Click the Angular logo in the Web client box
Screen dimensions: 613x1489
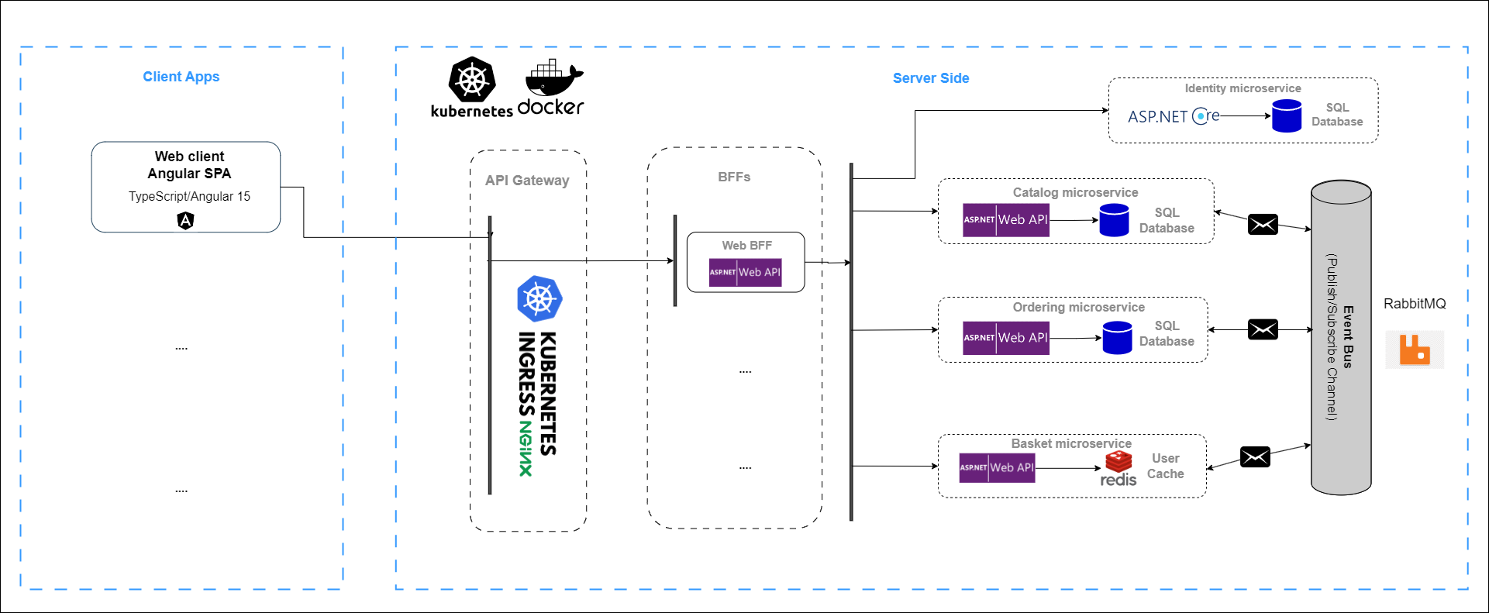coord(186,221)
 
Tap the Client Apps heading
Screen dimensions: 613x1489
coord(181,77)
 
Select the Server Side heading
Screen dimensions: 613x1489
coord(931,78)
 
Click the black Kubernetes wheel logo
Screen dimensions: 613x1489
coord(471,79)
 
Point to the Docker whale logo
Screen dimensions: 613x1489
coord(553,78)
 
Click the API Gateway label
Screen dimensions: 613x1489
coord(527,181)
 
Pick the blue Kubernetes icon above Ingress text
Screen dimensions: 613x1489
coord(539,298)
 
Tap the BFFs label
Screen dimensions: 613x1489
coord(734,177)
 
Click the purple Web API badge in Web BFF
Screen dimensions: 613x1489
coord(745,272)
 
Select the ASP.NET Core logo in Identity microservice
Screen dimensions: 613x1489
coord(1174,116)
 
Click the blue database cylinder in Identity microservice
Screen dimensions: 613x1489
coord(1287,116)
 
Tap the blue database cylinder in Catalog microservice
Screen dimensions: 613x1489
coord(1114,220)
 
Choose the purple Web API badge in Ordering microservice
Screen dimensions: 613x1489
coord(1005,338)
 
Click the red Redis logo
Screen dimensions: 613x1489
coord(1118,463)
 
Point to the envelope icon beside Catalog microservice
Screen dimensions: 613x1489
coord(1263,225)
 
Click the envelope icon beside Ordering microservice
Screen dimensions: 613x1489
coord(1263,329)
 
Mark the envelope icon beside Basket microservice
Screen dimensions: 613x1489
coord(1255,457)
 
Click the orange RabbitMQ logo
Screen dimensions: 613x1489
coord(1415,350)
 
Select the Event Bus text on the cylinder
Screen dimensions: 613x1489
coord(1348,337)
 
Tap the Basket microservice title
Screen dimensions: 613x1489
coord(1071,443)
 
